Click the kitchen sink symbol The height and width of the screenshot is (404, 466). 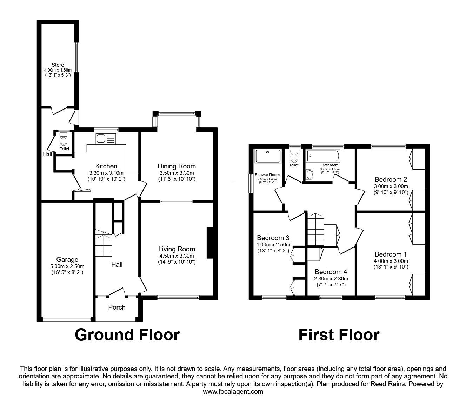pyautogui.click(x=105, y=138)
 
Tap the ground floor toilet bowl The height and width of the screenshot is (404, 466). pyautogui.click(x=64, y=140)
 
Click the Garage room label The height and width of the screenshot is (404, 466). pyautogui.click(x=67, y=260)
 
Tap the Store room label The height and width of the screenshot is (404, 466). pyautogui.click(x=58, y=65)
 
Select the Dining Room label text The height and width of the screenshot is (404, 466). pyautogui.click(x=177, y=166)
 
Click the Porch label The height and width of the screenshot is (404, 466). pyautogui.click(x=117, y=307)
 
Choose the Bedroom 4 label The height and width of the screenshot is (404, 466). pyautogui.click(x=331, y=272)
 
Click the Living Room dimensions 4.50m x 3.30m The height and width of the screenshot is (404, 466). pyautogui.click(x=176, y=256)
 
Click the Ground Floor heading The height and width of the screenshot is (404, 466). pyautogui.click(x=127, y=335)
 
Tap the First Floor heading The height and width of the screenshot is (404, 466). pyautogui.click(x=339, y=335)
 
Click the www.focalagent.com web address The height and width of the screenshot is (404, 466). pyautogui.click(x=233, y=392)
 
